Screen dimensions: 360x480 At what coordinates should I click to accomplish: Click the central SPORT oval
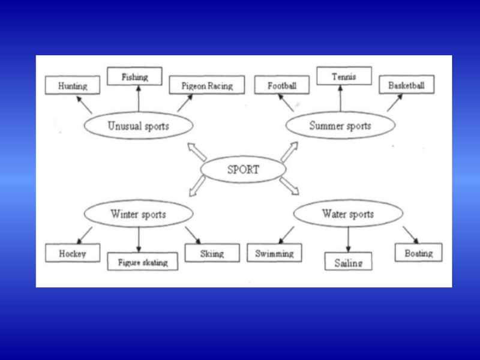click(x=243, y=169)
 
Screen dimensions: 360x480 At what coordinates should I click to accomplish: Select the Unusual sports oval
click(x=138, y=126)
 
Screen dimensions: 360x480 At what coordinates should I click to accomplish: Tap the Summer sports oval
click(x=340, y=126)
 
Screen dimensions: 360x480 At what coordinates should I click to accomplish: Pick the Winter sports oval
click(x=138, y=214)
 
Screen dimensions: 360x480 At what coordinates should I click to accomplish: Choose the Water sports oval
click(x=347, y=214)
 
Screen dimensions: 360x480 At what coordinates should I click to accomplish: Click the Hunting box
click(x=73, y=86)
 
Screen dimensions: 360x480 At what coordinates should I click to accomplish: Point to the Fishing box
click(x=135, y=77)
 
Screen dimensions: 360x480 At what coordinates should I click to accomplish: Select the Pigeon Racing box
click(x=207, y=86)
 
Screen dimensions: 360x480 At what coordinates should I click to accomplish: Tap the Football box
click(x=282, y=86)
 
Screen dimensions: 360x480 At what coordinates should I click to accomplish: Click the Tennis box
click(x=344, y=77)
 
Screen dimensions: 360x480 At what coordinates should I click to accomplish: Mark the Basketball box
click(x=406, y=85)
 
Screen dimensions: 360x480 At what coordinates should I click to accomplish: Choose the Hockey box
click(x=73, y=253)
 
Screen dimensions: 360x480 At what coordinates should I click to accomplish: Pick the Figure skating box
click(x=143, y=262)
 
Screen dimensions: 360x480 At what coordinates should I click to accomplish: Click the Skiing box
click(x=212, y=253)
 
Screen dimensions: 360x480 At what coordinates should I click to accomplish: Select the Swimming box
click(x=274, y=253)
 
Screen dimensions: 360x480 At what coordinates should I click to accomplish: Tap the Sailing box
click(x=349, y=262)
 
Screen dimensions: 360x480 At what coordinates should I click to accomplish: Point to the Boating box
click(x=418, y=253)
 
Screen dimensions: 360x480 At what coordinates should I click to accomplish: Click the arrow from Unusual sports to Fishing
click(x=138, y=98)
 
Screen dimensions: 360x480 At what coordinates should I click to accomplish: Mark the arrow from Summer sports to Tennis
click(x=340, y=98)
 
